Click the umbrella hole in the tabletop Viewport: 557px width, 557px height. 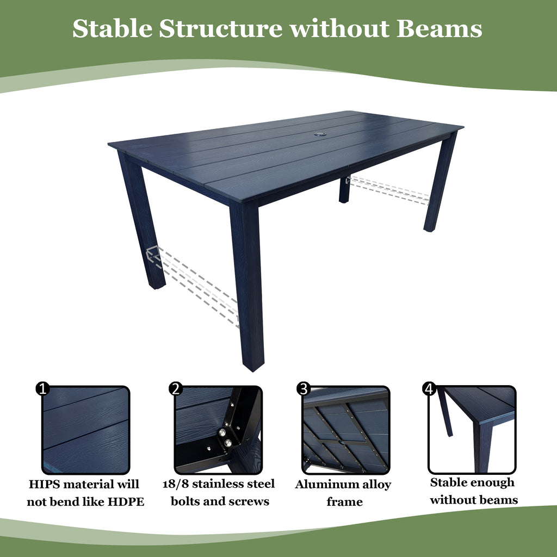(x=317, y=133)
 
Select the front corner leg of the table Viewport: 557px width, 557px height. (x=247, y=283)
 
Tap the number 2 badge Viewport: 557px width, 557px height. (x=175, y=388)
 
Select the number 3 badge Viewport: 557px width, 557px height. (x=304, y=388)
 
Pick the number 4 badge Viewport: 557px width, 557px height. (x=430, y=388)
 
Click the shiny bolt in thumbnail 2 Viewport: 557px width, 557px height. (x=222, y=432)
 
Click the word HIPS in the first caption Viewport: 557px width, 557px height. (x=45, y=484)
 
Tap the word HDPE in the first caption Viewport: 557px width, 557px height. (x=126, y=502)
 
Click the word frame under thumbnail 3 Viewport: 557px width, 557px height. (x=344, y=502)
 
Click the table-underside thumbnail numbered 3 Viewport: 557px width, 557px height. (x=346, y=430)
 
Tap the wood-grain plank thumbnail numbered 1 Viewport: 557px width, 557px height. (x=86, y=430)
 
